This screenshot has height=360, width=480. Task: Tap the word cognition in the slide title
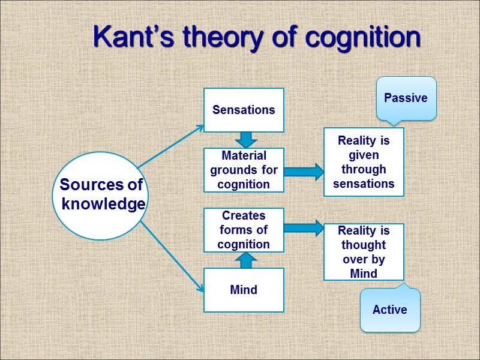[x=362, y=38]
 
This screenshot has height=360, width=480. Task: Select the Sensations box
[x=244, y=110]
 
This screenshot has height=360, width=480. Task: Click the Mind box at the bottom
[x=244, y=290]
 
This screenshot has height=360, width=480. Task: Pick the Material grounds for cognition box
[x=244, y=170]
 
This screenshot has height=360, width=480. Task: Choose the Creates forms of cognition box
[x=244, y=230]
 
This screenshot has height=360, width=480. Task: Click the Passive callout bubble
[x=406, y=98]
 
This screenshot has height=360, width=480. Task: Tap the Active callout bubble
[x=390, y=310]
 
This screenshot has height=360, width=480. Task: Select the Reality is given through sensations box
[x=364, y=162]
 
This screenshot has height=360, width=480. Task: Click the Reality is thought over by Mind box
[x=364, y=252]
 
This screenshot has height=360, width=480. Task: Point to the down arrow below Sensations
[x=245, y=140]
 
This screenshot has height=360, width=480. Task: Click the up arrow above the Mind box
[x=245, y=260]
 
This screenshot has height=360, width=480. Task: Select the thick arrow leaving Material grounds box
[x=304, y=172]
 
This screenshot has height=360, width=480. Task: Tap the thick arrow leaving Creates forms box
[x=304, y=228]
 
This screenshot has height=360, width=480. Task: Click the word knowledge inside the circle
[x=104, y=204]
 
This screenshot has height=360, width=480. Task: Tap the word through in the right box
[x=364, y=169]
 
